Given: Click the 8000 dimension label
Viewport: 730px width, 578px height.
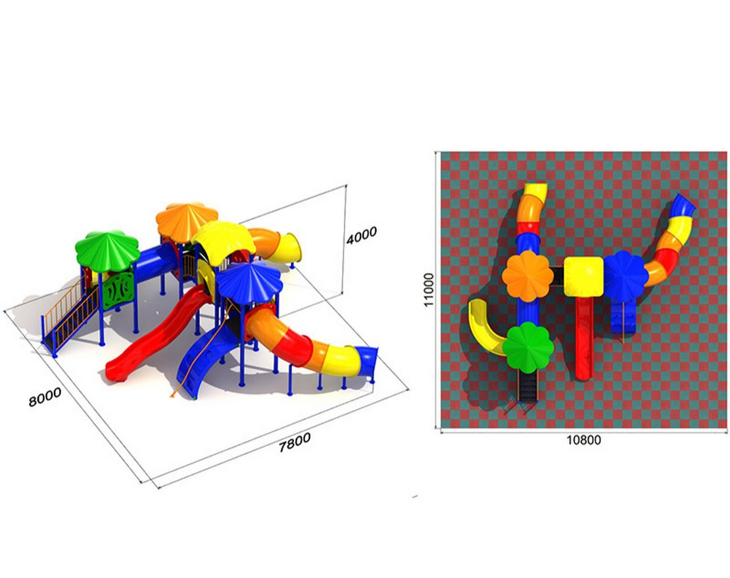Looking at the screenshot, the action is [45, 397].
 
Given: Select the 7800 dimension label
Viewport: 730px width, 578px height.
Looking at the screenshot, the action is [294, 442].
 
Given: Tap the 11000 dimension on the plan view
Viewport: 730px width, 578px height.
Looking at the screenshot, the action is [428, 289].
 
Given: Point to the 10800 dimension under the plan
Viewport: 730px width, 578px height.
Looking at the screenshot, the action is [583, 440].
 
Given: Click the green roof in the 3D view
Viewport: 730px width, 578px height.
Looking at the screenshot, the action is [107, 251].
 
